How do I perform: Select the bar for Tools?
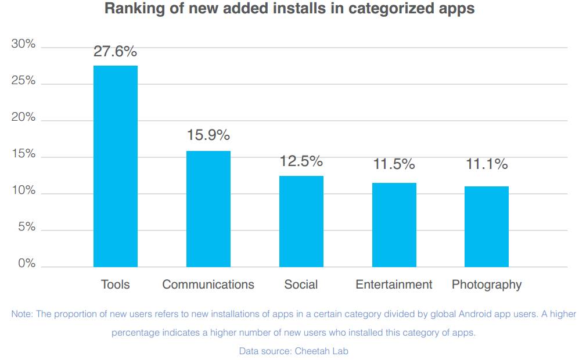click(x=116, y=166)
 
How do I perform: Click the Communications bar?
click(x=208, y=209)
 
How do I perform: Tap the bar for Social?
click(x=301, y=221)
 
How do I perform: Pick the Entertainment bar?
click(x=394, y=225)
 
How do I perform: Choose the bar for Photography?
click(x=487, y=226)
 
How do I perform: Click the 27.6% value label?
click(x=116, y=52)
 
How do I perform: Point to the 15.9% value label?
click(x=208, y=135)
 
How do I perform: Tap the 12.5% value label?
click(x=301, y=161)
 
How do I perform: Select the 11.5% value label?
click(x=394, y=164)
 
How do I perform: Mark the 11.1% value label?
click(x=487, y=164)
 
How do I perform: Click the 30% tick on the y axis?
click(x=23, y=44)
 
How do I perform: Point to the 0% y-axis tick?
click(x=26, y=264)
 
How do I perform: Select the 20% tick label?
click(x=23, y=117)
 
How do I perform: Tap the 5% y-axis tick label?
click(x=26, y=227)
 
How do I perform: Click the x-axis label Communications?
click(x=208, y=285)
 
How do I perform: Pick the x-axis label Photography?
click(x=487, y=285)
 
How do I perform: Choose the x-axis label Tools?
click(x=116, y=285)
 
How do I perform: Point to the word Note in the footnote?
click(x=22, y=314)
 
